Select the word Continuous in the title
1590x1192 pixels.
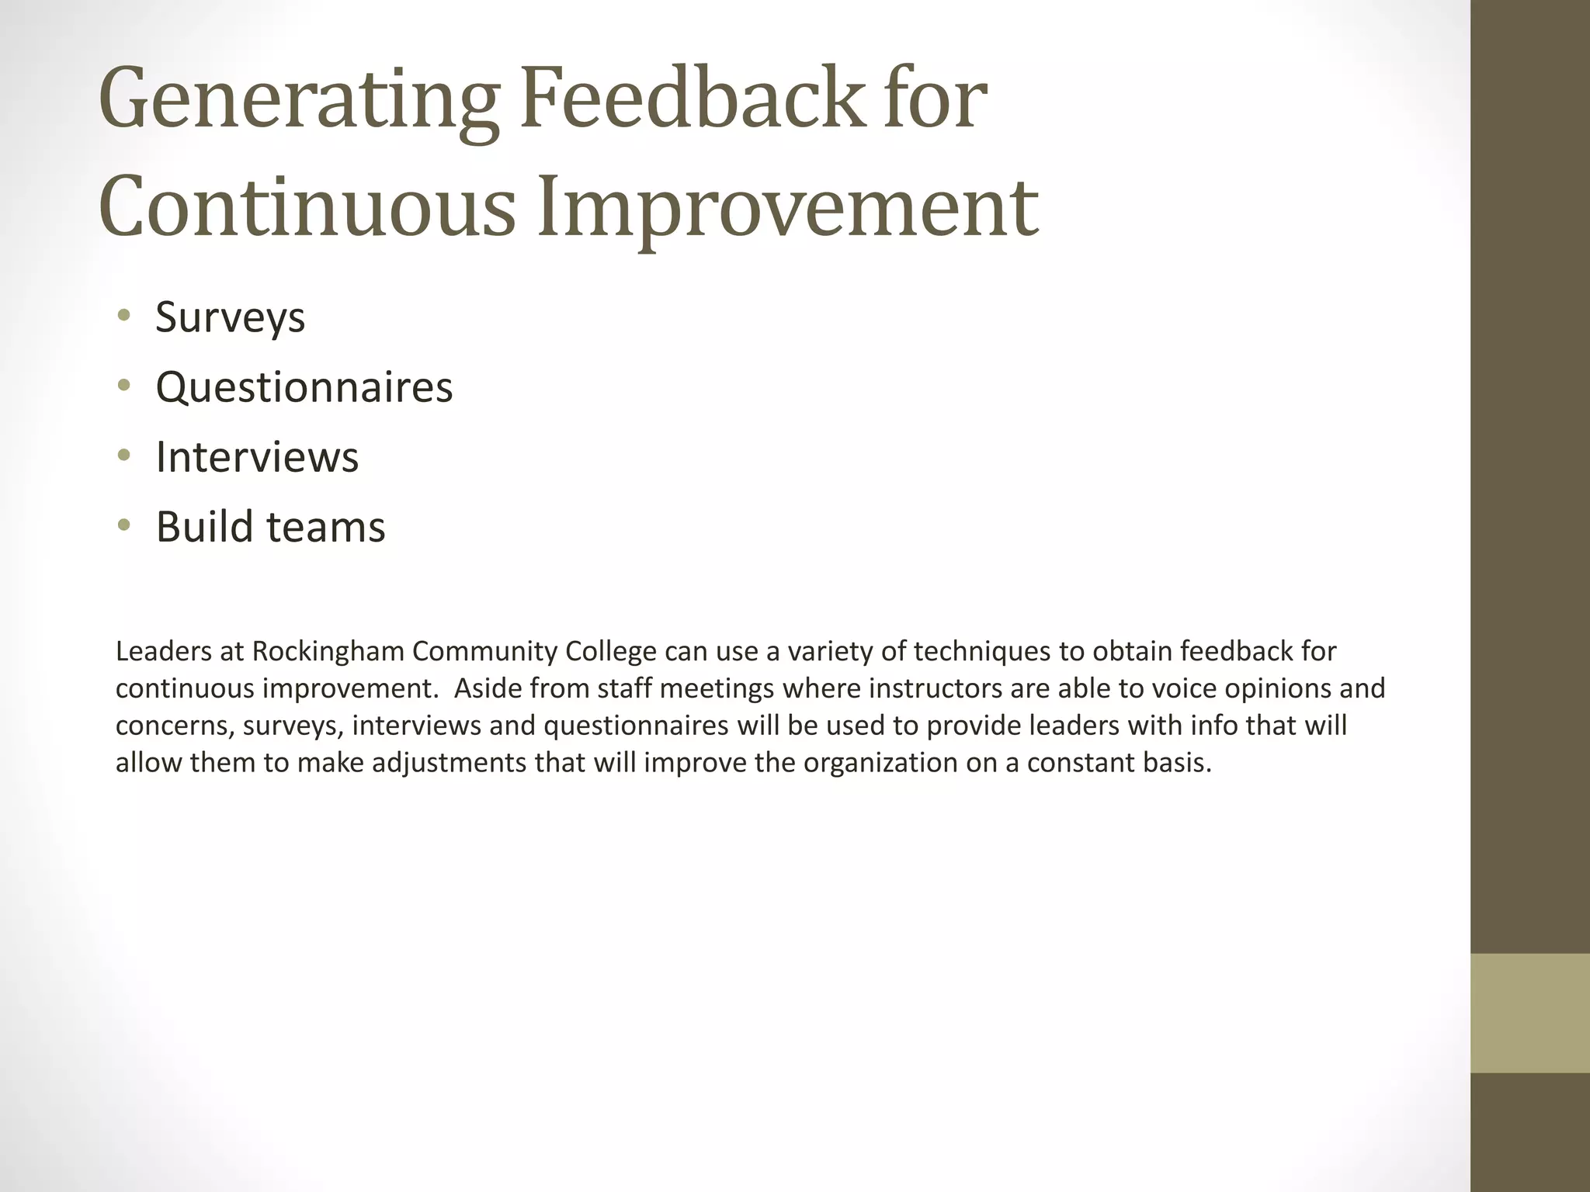(307, 206)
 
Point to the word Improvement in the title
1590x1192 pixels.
(788, 206)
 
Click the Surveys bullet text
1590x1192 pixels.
(231, 317)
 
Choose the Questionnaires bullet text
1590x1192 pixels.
(304, 387)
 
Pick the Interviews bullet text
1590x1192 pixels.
(257, 457)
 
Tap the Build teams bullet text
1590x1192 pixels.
(270, 527)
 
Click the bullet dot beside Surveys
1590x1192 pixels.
(123, 316)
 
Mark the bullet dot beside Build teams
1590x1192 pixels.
(123, 525)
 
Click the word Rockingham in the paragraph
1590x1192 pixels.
(327, 652)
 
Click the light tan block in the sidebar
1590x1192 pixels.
(1530, 1013)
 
